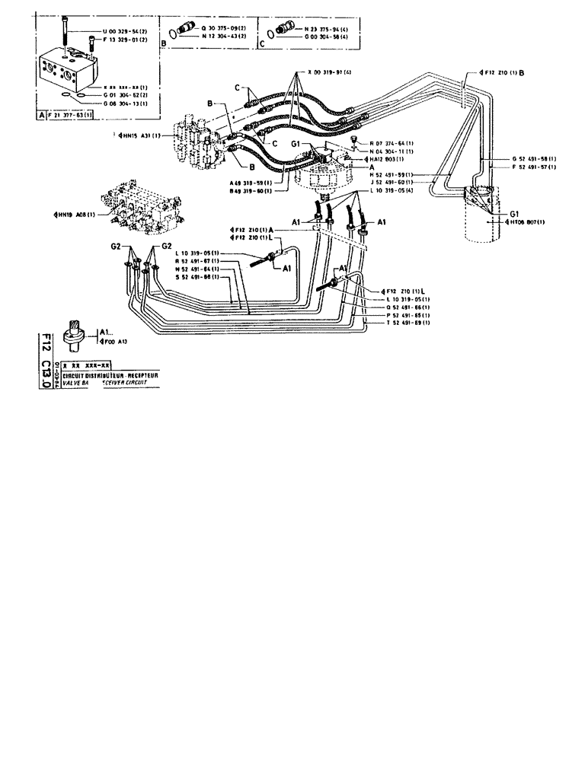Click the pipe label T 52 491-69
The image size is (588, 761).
[397, 323]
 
